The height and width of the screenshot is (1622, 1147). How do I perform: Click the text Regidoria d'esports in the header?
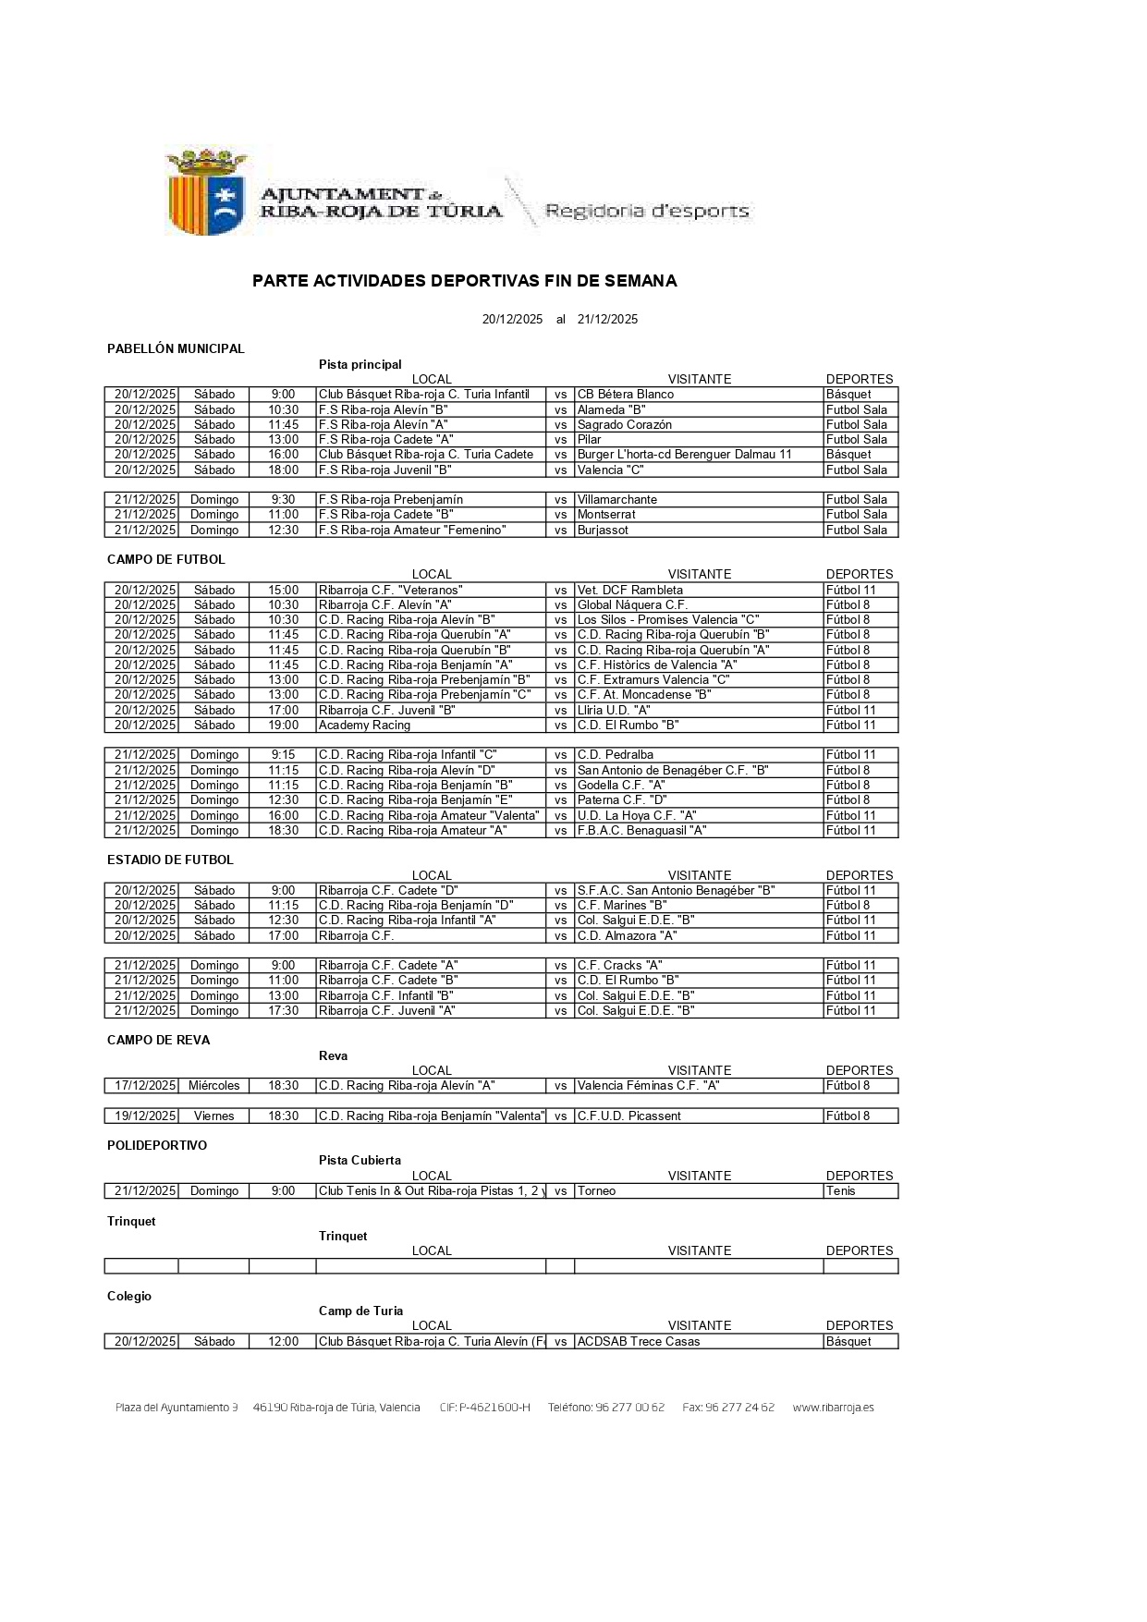[x=647, y=211]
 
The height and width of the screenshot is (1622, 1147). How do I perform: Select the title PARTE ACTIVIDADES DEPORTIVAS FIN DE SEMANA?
[x=464, y=281]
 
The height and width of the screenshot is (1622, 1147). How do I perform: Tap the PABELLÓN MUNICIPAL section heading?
[x=176, y=348]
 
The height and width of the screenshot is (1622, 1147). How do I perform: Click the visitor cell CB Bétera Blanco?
[x=626, y=395]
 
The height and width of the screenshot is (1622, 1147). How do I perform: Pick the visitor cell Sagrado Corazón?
[x=625, y=425]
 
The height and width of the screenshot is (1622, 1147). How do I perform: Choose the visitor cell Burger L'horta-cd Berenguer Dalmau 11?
[x=685, y=455]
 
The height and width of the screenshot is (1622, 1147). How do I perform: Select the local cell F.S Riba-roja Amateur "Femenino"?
[x=412, y=531]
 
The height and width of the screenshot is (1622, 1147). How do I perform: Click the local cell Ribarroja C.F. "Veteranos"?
[x=390, y=591]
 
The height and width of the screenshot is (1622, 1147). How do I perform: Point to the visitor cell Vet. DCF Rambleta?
[x=630, y=591]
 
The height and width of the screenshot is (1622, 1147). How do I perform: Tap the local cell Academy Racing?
[x=364, y=726]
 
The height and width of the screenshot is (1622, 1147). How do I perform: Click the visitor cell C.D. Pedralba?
[x=616, y=755]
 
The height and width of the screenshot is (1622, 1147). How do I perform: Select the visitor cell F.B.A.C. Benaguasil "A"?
[x=642, y=831]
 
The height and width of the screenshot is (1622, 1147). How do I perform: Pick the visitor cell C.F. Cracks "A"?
[x=620, y=966]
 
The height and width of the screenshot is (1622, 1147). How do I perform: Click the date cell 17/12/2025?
[x=145, y=1086]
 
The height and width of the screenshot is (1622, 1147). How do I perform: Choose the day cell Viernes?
[x=214, y=1116]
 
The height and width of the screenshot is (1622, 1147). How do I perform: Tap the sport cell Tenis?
[x=841, y=1191]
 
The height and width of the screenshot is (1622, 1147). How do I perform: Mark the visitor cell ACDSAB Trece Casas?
[x=639, y=1342]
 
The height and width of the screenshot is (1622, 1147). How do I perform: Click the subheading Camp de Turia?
[x=360, y=1311]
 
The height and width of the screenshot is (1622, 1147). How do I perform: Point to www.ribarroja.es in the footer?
[x=833, y=1408]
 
